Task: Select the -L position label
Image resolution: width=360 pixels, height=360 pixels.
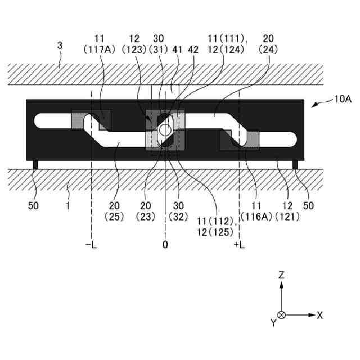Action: pyautogui.click(x=91, y=245)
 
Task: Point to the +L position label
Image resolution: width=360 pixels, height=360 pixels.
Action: pyautogui.click(x=241, y=245)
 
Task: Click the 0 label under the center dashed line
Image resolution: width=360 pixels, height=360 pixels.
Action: pyautogui.click(x=165, y=245)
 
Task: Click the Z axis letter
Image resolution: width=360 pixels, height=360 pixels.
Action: pyautogui.click(x=281, y=274)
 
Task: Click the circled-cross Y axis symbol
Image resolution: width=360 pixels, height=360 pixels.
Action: pyautogui.click(x=281, y=315)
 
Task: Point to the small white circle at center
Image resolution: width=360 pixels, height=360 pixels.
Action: pyautogui.click(x=165, y=130)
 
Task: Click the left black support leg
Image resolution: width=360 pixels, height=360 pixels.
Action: pyautogui.click(x=35, y=164)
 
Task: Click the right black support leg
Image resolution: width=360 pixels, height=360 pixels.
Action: pyautogui.click(x=295, y=164)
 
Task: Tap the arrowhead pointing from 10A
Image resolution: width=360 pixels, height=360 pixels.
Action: pyautogui.click(x=313, y=103)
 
